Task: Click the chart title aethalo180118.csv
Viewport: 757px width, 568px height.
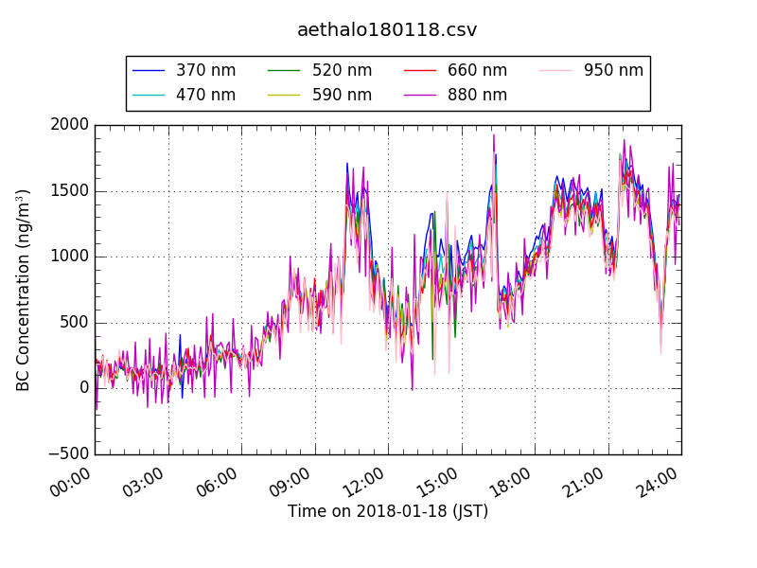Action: pos(387,29)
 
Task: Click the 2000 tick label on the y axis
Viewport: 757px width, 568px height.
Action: pos(71,125)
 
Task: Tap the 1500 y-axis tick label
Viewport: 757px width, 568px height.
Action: pos(71,190)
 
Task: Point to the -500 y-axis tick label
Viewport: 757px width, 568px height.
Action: pos(68,453)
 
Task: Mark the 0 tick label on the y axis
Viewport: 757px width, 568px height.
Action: pos(84,388)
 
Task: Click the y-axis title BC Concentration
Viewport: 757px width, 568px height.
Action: pos(24,290)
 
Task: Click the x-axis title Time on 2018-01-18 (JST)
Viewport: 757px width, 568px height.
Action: pos(388,511)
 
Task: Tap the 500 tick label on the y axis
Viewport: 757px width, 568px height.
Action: pos(75,322)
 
